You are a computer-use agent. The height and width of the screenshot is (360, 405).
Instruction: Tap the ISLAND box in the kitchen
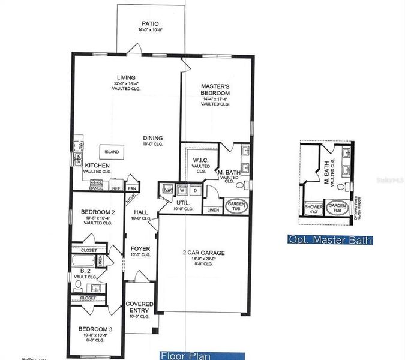[112, 151]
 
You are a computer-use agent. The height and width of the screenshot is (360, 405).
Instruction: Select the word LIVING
[126, 77]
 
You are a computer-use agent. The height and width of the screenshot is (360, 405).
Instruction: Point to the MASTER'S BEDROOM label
[215, 89]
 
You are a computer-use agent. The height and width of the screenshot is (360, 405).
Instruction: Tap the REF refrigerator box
[116, 187]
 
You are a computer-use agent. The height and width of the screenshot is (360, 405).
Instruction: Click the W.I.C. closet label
[200, 160]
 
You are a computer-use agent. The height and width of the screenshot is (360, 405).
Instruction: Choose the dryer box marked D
[195, 190]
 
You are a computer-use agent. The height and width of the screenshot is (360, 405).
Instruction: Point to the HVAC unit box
[167, 190]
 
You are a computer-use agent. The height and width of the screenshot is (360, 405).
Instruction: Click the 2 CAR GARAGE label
[203, 253]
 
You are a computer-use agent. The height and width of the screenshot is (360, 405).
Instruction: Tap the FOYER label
[140, 248]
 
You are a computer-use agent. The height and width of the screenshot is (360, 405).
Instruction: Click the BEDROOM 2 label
[98, 212]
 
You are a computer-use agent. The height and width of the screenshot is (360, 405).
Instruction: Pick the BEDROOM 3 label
[96, 328]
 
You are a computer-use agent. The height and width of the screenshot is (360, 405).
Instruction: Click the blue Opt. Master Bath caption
[330, 241]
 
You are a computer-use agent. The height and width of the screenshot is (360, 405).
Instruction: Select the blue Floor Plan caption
[185, 355]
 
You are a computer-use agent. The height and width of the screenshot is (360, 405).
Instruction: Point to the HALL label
[140, 212]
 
